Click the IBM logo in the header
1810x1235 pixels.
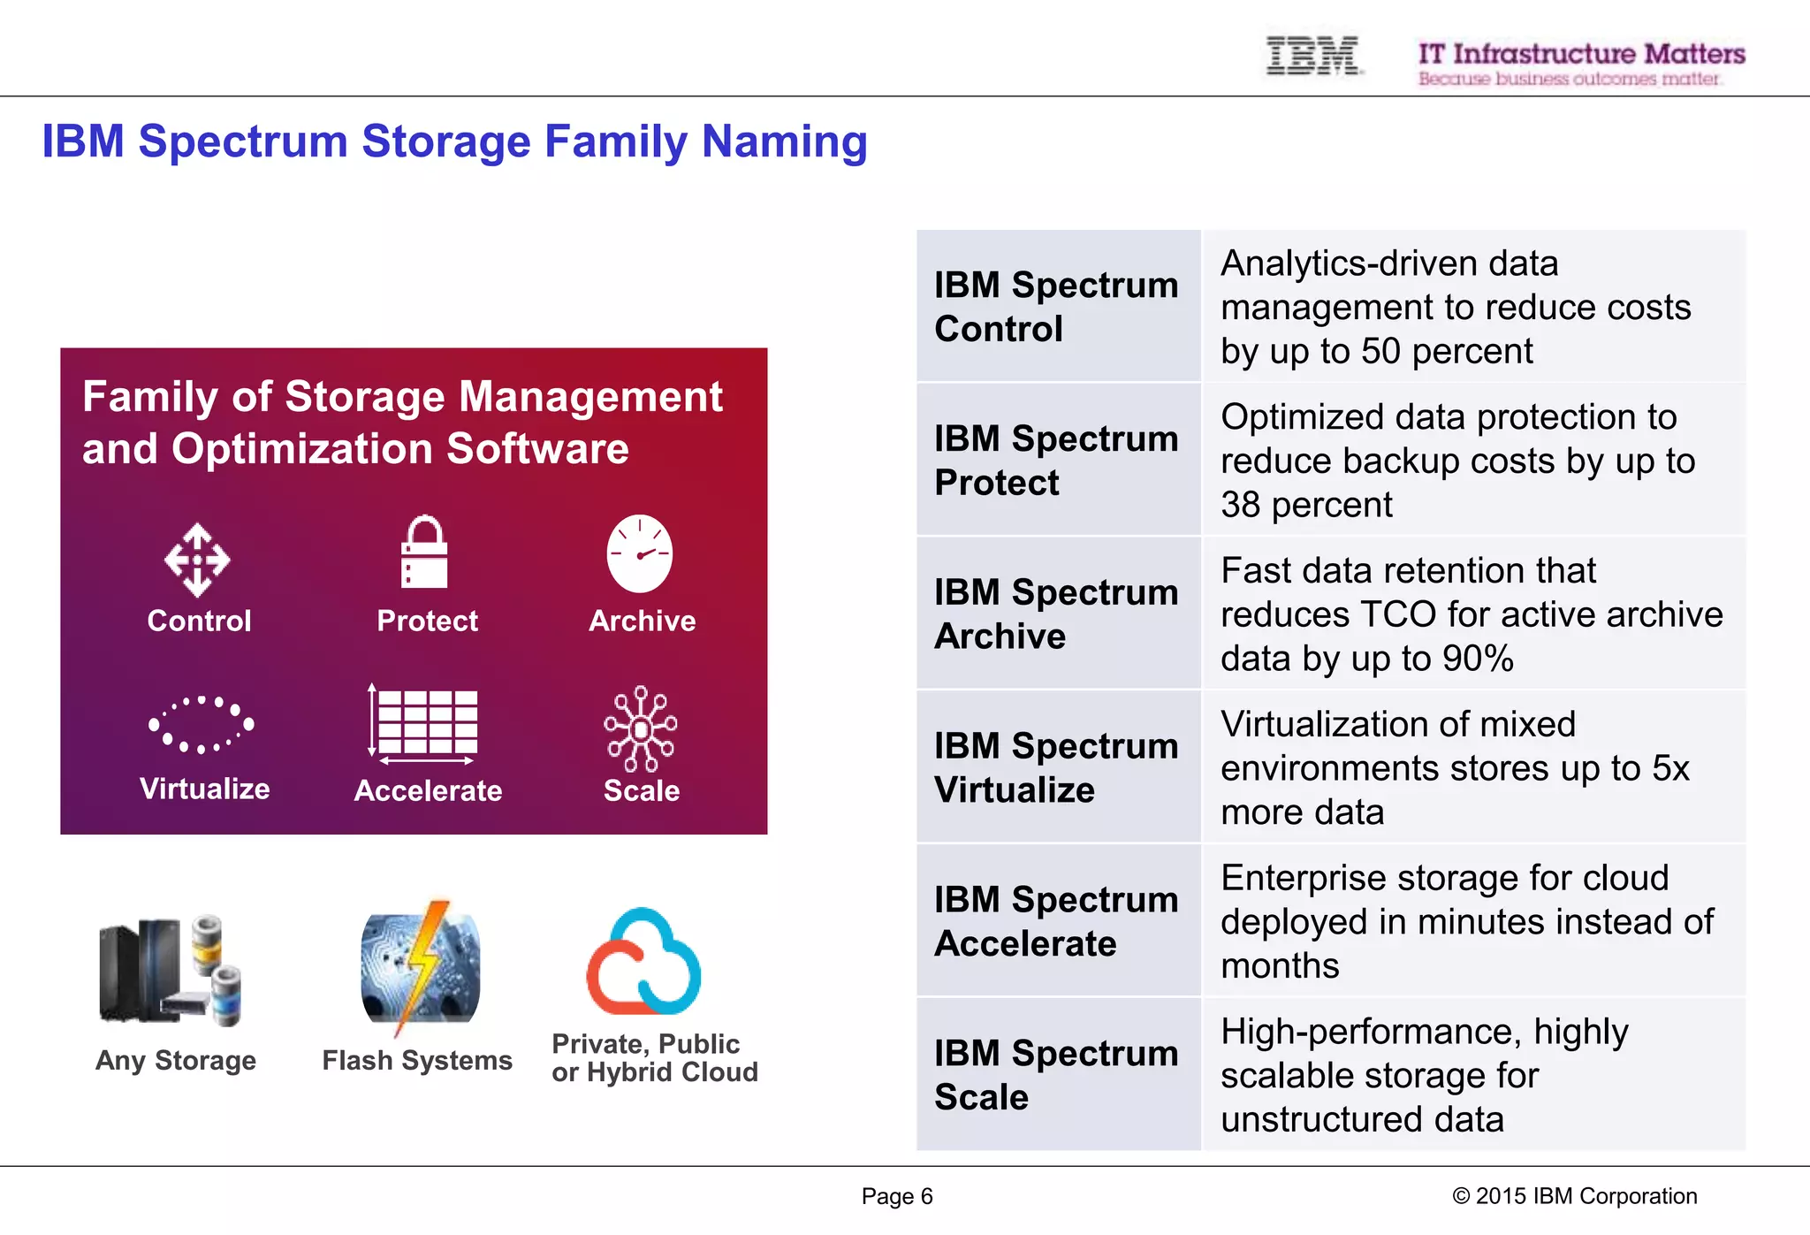(x=1312, y=56)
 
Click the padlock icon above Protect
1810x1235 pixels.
(x=424, y=553)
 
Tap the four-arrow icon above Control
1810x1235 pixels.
(x=197, y=560)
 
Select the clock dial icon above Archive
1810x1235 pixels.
(x=640, y=553)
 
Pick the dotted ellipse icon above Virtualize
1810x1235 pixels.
(x=201, y=724)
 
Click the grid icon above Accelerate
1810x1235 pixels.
(x=425, y=722)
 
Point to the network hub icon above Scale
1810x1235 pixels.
(x=641, y=728)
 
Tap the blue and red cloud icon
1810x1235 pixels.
(x=644, y=963)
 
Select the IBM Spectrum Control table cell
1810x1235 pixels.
(x=1057, y=307)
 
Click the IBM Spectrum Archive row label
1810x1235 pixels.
(x=1057, y=614)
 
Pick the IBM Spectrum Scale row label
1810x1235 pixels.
(x=1057, y=1074)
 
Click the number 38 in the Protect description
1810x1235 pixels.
(x=1240, y=505)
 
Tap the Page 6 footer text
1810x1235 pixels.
(x=897, y=1196)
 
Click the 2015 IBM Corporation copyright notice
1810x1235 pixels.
(x=1574, y=1196)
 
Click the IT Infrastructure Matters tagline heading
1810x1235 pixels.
(x=1581, y=54)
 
